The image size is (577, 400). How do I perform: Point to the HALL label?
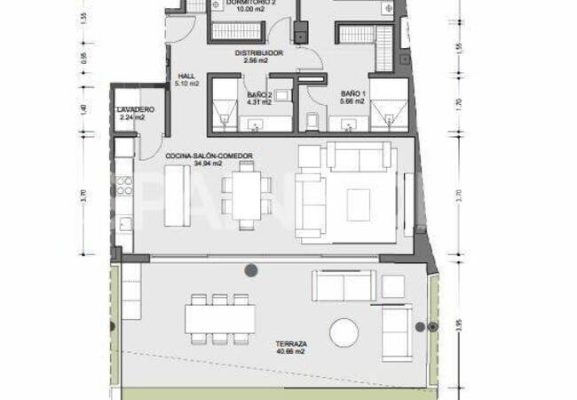pos(186,76)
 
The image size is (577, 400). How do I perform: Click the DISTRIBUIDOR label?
pos(259,53)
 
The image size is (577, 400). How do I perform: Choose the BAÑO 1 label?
pos(352,92)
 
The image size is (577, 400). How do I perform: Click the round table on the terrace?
pos(346,334)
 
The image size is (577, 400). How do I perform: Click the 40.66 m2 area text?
pos(291,353)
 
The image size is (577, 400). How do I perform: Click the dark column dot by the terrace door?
pos(252,269)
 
